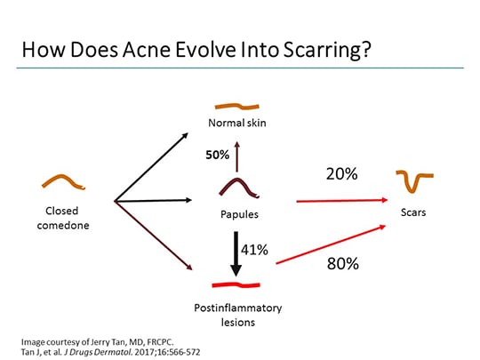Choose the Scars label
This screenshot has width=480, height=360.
coord(413,212)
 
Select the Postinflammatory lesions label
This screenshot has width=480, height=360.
coord(237,315)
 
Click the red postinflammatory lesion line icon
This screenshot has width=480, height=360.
coord(236,285)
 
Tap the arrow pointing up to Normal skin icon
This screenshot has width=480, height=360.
coord(237,152)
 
